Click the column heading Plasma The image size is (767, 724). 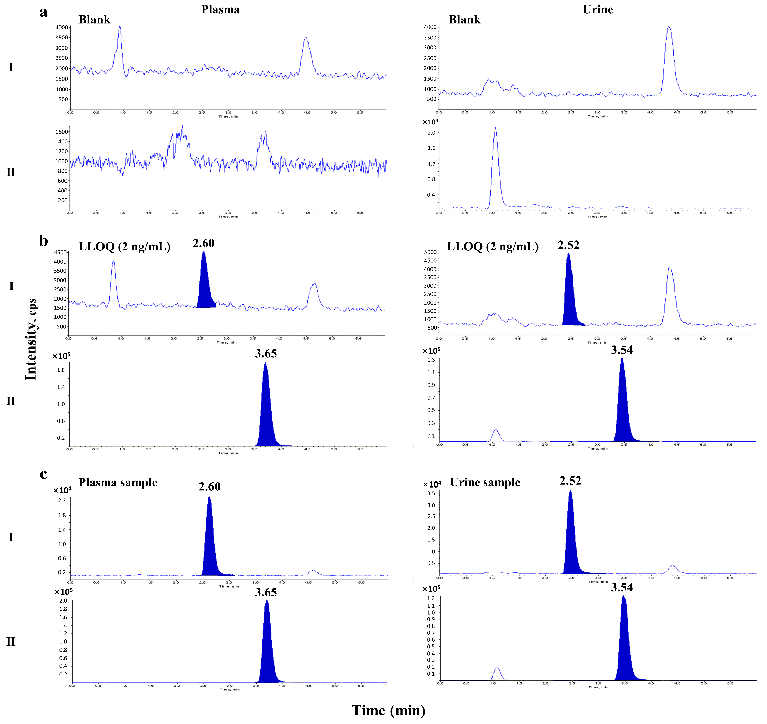pyautogui.click(x=220, y=10)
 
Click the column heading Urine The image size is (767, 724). pyautogui.click(x=598, y=10)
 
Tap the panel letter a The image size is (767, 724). pyautogui.click(x=44, y=12)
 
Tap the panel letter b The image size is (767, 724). pyautogui.click(x=44, y=241)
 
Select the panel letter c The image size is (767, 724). pyautogui.click(x=44, y=474)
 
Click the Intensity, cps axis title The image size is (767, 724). pyautogui.click(x=31, y=340)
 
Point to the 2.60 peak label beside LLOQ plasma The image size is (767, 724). pyautogui.click(x=203, y=244)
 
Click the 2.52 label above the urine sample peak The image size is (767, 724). pyautogui.click(x=570, y=481)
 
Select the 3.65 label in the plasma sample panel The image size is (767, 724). pyautogui.click(x=266, y=592)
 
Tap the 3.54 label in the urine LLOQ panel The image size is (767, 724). pyautogui.click(x=622, y=350)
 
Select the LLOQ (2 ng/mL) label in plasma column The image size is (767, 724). pyautogui.click(x=125, y=247)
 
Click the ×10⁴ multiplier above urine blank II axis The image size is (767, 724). pyautogui.click(x=430, y=122)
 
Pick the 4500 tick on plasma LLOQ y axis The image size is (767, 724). pyautogui.click(x=60, y=252)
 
